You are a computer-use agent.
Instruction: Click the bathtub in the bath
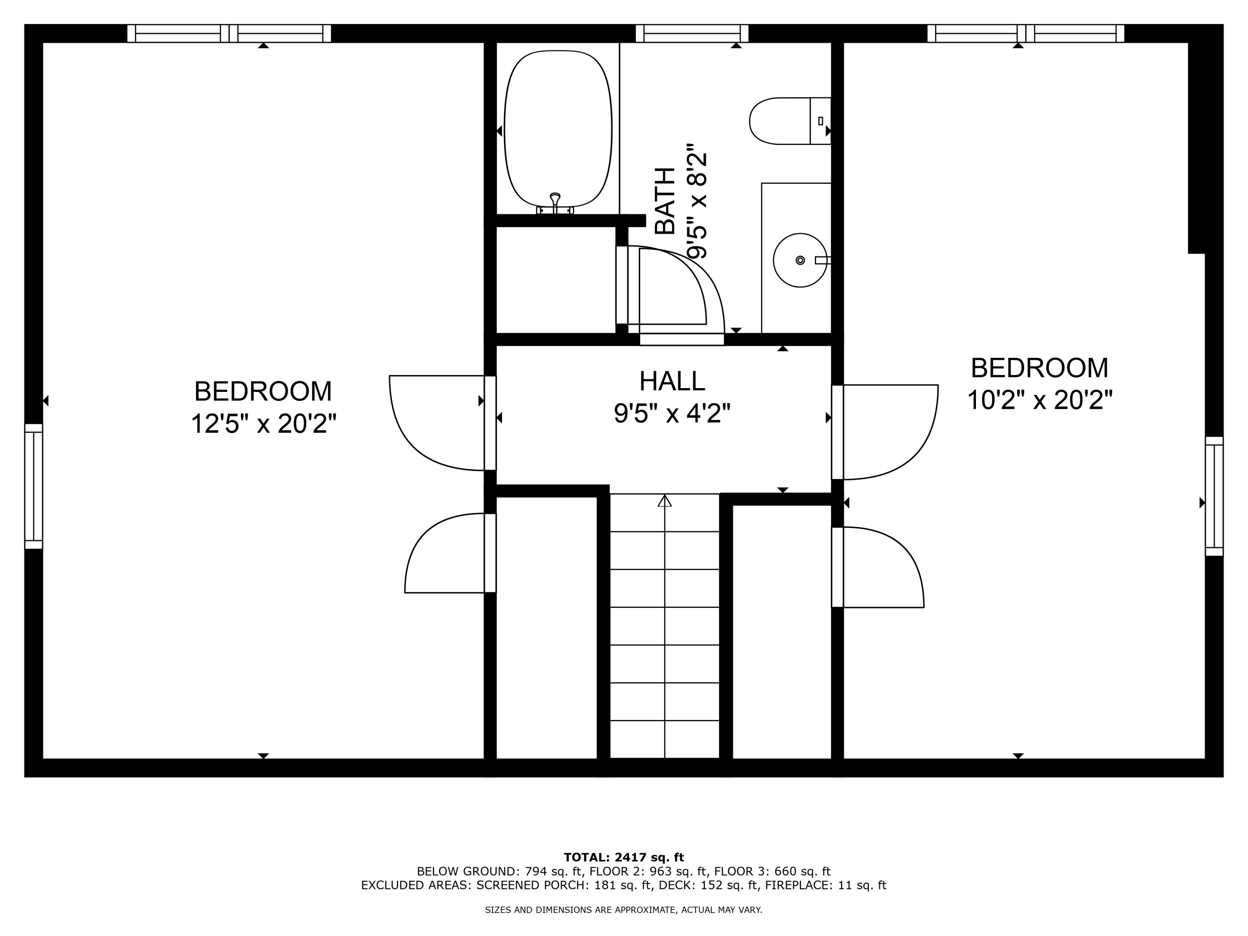click(557, 129)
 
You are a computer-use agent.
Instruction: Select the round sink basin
click(800, 260)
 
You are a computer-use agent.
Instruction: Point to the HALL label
click(671, 381)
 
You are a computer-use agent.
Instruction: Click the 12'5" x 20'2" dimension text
click(263, 424)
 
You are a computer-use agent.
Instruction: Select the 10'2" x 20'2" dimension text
click(1039, 401)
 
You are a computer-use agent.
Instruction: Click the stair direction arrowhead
click(665, 500)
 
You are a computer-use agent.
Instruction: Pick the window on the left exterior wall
click(34, 486)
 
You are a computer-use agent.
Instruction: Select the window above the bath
click(692, 33)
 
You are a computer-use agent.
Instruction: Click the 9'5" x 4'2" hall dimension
click(671, 414)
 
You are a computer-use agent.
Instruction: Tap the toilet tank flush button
click(820, 121)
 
